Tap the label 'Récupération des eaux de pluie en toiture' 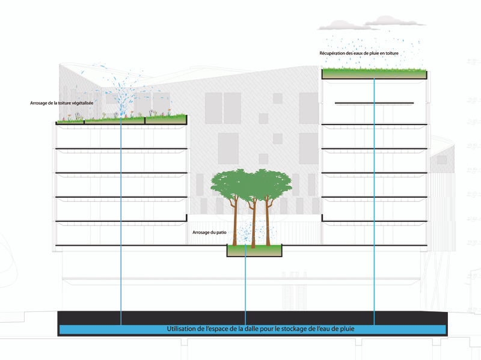pos(359,53)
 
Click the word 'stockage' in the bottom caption pos(348,329)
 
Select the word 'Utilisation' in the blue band pos(186,329)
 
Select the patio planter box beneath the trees pos(254,251)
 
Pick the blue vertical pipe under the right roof pos(375,198)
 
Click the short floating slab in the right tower pos(374,103)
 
